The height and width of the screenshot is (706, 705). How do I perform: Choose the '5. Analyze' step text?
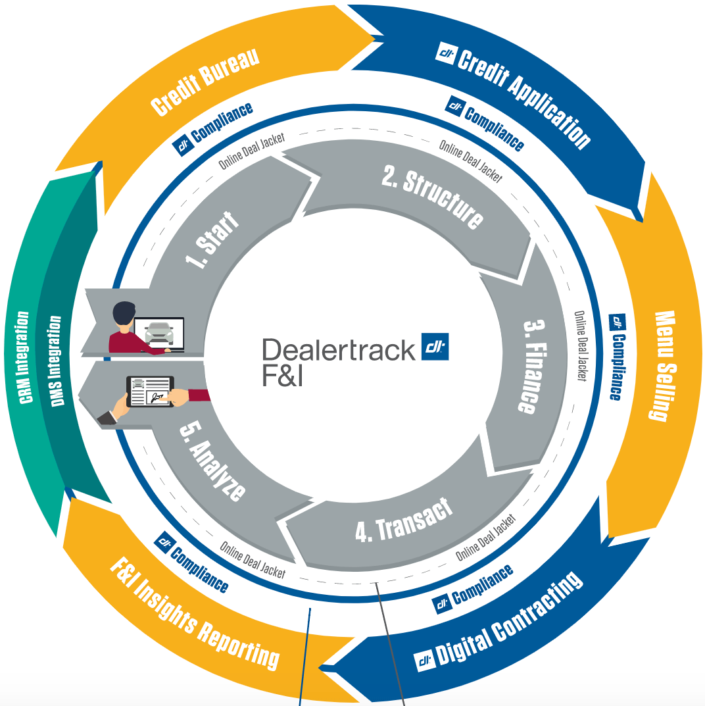click(x=212, y=461)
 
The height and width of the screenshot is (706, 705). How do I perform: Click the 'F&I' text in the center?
click(x=283, y=376)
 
